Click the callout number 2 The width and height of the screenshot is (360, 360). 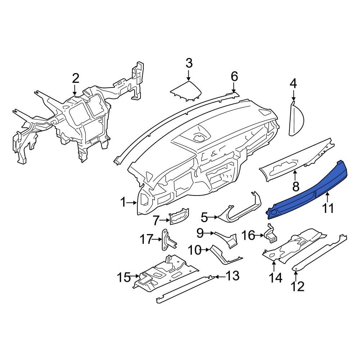(x=75, y=78)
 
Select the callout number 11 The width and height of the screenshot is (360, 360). (x=328, y=208)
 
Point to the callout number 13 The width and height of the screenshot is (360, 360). (x=232, y=276)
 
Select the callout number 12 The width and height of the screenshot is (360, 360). (x=298, y=286)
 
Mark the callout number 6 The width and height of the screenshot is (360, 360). (x=234, y=76)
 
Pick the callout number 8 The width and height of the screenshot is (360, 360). (x=296, y=186)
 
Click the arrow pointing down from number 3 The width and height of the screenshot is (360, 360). (x=189, y=75)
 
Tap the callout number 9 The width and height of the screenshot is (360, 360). (x=200, y=233)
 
